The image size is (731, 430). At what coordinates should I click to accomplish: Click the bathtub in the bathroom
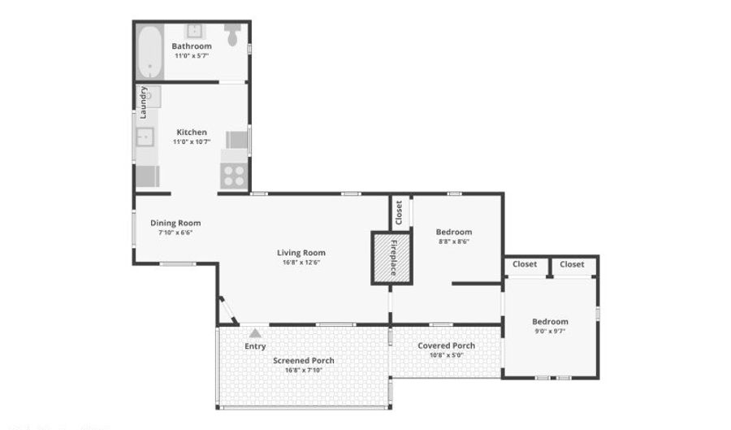tap(149, 52)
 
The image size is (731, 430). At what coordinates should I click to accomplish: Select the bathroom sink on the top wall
tap(195, 31)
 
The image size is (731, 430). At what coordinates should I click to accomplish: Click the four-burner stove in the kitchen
tap(234, 176)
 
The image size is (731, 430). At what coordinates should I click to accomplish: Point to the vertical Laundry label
tap(143, 102)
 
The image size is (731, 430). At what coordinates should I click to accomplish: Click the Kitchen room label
tap(192, 132)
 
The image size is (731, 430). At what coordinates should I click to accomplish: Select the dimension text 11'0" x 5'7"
tap(192, 56)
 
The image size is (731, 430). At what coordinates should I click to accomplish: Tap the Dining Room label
tap(175, 223)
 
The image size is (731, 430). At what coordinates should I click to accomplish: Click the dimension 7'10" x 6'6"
tap(175, 232)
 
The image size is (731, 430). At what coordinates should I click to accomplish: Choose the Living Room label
tap(301, 253)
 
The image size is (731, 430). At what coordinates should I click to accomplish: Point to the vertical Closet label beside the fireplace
tap(399, 212)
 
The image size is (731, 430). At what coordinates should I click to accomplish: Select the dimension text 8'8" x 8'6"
tap(453, 241)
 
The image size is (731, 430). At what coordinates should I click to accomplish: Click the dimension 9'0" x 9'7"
tap(550, 331)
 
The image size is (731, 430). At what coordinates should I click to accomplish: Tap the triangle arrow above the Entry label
tap(255, 332)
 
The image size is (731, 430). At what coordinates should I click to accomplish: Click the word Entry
tap(255, 346)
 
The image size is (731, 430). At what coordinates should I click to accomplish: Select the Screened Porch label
tap(303, 360)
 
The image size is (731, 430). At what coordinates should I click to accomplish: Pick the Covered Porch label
tap(446, 345)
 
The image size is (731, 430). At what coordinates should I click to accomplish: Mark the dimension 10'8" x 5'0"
tap(446, 355)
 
